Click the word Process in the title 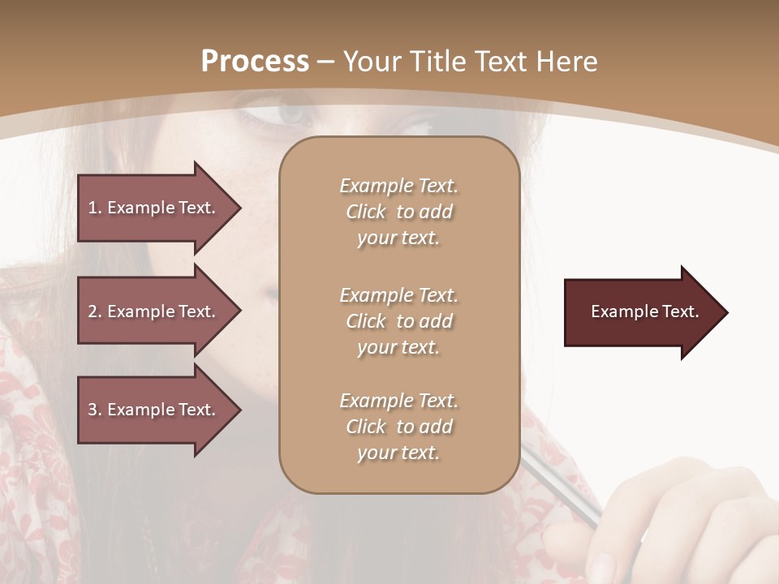[x=255, y=62]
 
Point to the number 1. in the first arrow [x=95, y=208]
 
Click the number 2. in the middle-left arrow [x=95, y=311]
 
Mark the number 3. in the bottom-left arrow [x=95, y=410]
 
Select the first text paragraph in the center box [x=398, y=212]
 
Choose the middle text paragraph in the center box [x=398, y=321]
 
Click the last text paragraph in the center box [x=398, y=427]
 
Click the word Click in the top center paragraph [x=366, y=212]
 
